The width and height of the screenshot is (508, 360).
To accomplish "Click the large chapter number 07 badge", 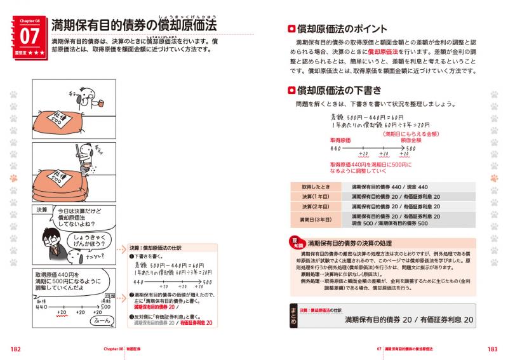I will pos(29,36).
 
